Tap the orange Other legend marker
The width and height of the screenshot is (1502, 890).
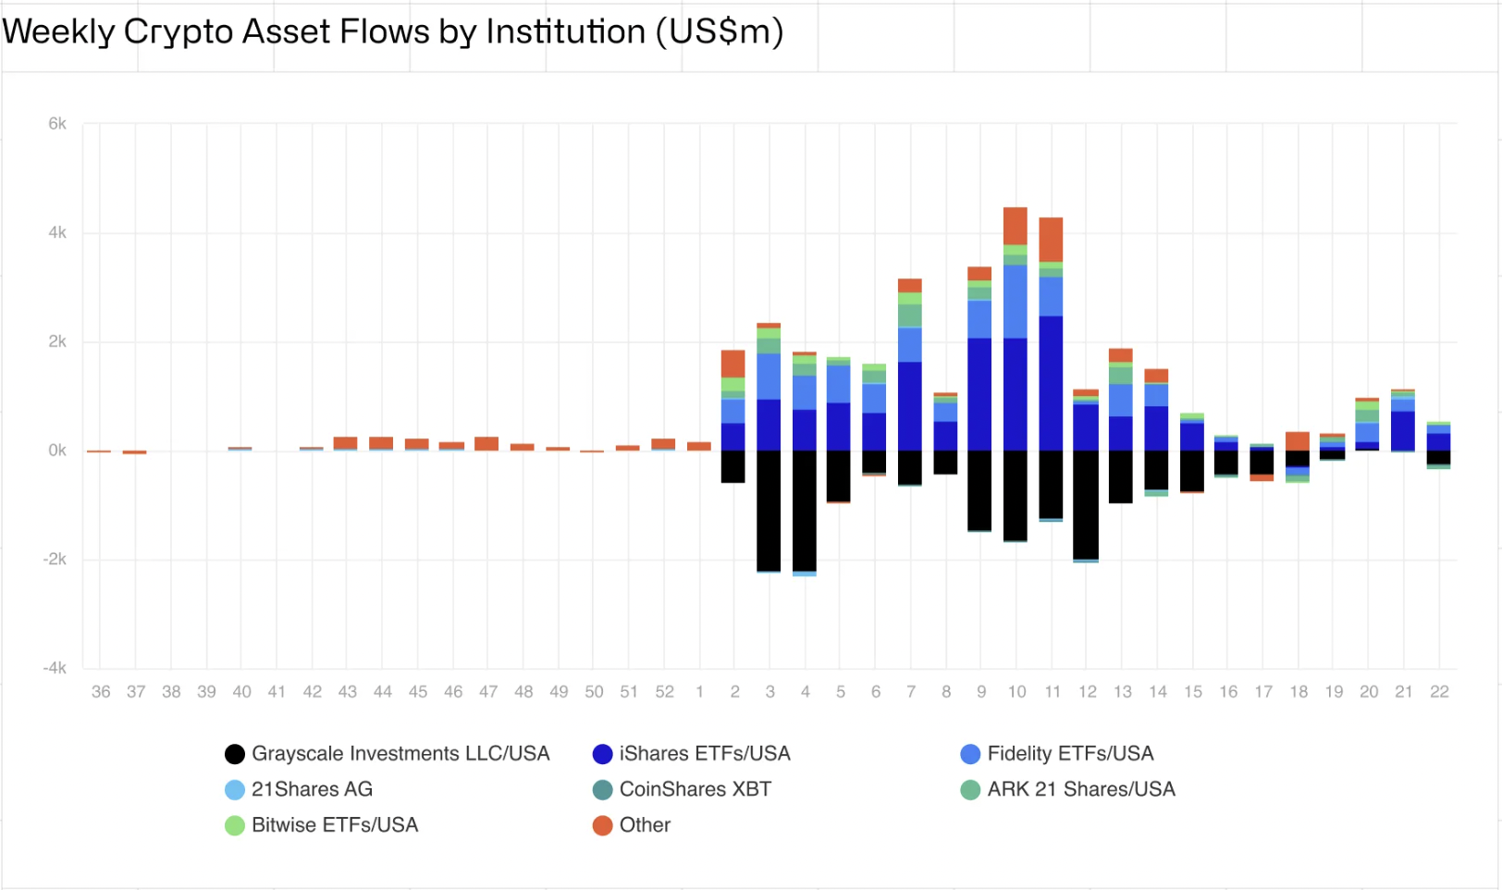[x=603, y=825]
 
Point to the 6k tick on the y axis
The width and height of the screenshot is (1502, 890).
[x=57, y=124]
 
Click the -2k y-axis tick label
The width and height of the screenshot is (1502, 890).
[x=55, y=560]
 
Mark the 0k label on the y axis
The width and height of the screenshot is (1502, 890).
[x=57, y=451]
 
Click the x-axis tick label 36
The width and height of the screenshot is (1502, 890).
[x=101, y=692]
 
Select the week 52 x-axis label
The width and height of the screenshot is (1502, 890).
[x=664, y=692]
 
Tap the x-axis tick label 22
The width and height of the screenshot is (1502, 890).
[x=1439, y=692]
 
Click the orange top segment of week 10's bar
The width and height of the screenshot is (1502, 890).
[x=1016, y=226]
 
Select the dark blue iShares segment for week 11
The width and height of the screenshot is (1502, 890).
[x=1051, y=383]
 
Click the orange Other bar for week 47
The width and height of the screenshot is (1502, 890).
[x=486, y=444]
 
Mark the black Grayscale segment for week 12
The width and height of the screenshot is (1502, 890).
[x=1086, y=504]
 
